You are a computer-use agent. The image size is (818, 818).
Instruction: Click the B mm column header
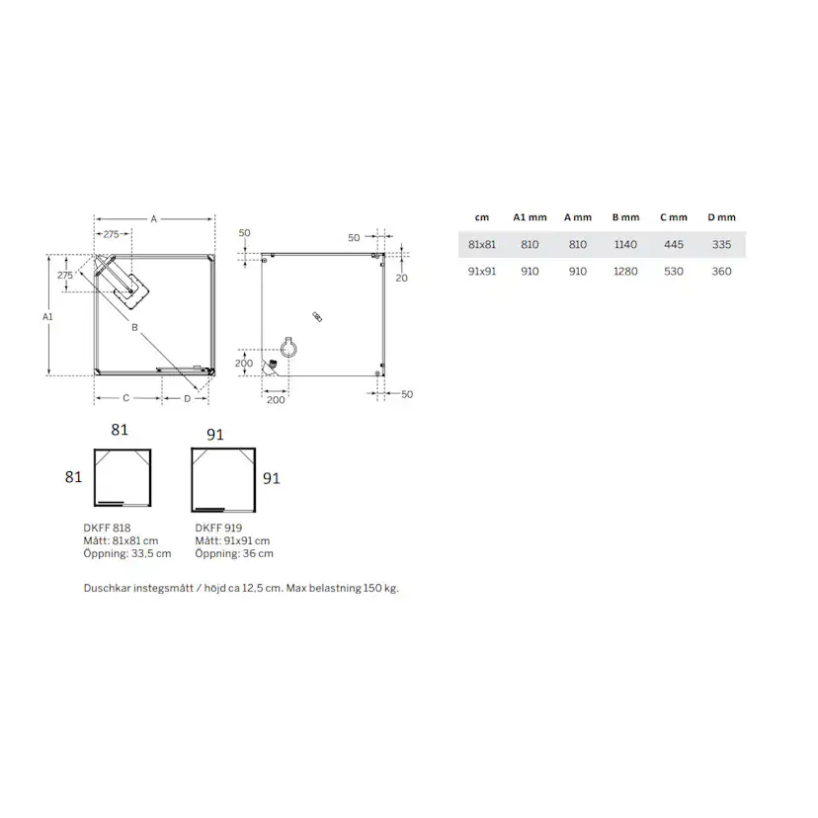(x=625, y=217)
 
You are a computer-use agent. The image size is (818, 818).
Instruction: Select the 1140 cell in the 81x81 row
(x=625, y=244)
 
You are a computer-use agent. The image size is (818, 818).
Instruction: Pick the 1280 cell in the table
(x=625, y=271)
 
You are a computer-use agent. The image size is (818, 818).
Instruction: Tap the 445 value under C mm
(x=675, y=244)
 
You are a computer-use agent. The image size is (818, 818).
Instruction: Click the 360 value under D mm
(x=721, y=271)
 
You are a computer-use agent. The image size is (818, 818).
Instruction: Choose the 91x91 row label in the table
(x=482, y=271)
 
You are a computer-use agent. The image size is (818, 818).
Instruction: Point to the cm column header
(x=482, y=217)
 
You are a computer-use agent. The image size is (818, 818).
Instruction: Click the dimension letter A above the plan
(x=154, y=219)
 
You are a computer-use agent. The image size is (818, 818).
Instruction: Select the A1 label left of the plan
(x=47, y=317)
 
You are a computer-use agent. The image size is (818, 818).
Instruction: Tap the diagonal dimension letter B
(x=134, y=326)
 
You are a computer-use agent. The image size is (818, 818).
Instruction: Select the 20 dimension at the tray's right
(x=402, y=278)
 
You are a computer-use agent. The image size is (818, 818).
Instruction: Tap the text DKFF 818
(x=108, y=529)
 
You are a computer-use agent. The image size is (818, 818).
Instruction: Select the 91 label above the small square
(x=214, y=434)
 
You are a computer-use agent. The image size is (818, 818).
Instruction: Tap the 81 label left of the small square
(x=72, y=476)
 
